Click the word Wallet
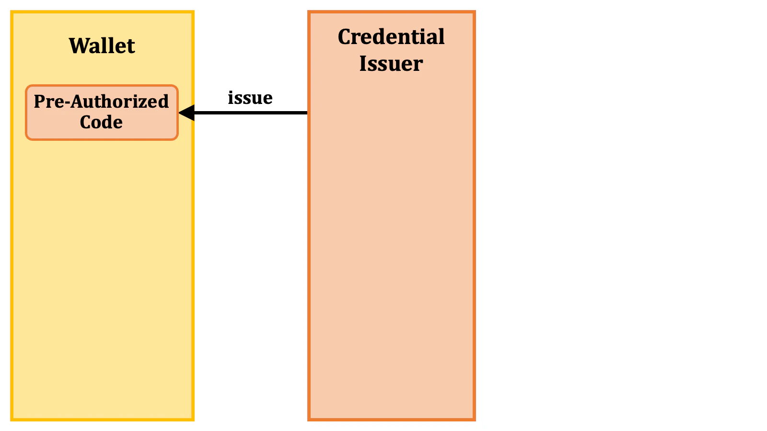[x=102, y=46]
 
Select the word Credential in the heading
[x=391, y=37]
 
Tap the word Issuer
[x=391, y=64]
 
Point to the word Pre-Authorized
[x=101, y=102]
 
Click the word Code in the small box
[x=101, y=123]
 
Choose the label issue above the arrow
[x=250, y=98]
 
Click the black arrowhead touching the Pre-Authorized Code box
[x=186, y=113]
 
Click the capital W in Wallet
[x=78, y=46]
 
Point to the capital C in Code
[x=86, y=123]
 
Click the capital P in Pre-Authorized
[x=39, y=102]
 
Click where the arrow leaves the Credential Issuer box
[x=308, y=113]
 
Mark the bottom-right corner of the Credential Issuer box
[x=474, y=420]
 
